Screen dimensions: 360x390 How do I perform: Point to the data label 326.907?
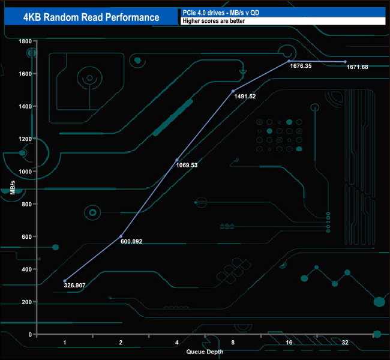click(x=75, y=286)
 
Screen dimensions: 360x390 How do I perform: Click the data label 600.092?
click(x=131, y=242)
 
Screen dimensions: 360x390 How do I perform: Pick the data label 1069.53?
click(x=187, y=165)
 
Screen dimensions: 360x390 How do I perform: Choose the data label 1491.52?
click(x=244, y=97)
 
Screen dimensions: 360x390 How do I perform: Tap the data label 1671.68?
click(x=358, y=67)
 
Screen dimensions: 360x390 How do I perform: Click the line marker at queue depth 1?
click(x=65, y=281)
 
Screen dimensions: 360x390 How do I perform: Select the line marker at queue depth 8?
click(x=233, y=91)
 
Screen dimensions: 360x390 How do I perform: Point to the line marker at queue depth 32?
click(x=345, y=62)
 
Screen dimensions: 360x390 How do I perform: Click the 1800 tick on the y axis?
click(x=25, y=41)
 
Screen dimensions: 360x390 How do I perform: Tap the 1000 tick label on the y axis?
click(x=25, y=172)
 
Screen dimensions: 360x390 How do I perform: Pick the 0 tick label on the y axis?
click(x=29, y=334)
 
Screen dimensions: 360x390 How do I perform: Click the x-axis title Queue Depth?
click(x=205, y=351)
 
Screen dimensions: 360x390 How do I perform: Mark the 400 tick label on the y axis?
click(x=26, y=269)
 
